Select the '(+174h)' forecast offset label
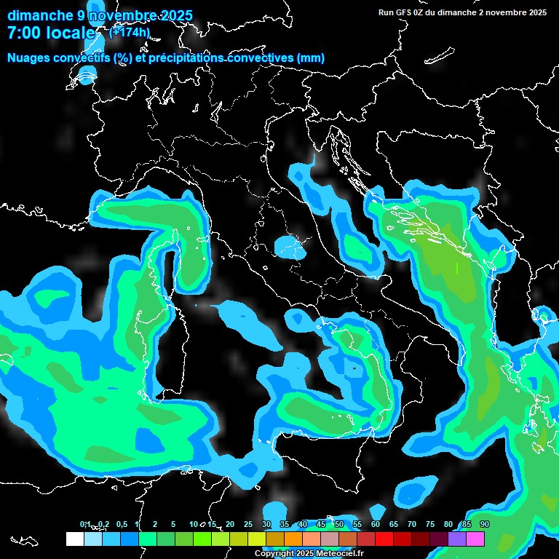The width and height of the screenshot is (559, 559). pos(130,32)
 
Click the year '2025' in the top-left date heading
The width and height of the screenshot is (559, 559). pos(174,15)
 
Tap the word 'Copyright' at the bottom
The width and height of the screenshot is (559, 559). pos(274,554)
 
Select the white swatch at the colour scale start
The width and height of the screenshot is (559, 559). pos(74,539)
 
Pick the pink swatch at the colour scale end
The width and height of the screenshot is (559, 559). pos(475,539)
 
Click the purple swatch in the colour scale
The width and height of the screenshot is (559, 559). pos(457,539)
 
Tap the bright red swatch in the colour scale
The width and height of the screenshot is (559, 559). pos(384,539)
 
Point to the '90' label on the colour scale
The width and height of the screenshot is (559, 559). pos(484,524)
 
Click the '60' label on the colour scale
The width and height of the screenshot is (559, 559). pos(376,524)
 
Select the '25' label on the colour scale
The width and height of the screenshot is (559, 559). pos(247,524)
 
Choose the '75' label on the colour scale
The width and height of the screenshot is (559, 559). pos(430,524)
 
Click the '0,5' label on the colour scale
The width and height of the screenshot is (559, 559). pos(121,524)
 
